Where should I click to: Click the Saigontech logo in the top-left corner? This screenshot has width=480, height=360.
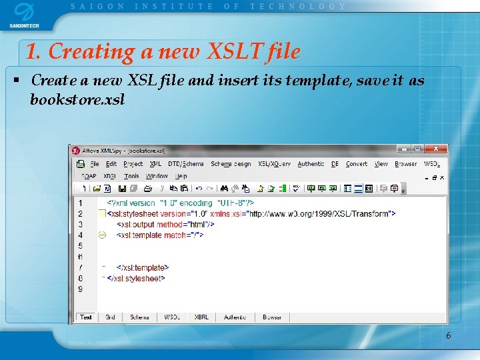[x=23, y=15]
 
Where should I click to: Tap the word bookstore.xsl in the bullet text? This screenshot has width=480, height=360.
[x=77, y=99]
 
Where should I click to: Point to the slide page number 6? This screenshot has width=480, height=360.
[x=448, y=335]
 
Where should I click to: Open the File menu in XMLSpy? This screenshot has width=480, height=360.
[x=94, y=164]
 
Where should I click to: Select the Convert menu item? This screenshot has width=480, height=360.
[x=357, y=164]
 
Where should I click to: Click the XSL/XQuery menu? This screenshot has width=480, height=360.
[x=274, y=164]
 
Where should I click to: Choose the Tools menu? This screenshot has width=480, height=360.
[x=131, y=177]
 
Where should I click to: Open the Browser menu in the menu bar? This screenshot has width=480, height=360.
[x=405, y=164]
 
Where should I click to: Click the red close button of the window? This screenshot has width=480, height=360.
[x=437, y=149]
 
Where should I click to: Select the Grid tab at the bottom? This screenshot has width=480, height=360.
[x=110, y=317]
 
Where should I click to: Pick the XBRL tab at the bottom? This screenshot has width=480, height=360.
[x=201, y=317]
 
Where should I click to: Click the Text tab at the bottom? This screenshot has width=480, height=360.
[x=86, y=317]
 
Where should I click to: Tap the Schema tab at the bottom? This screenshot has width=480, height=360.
[x=139, y=317]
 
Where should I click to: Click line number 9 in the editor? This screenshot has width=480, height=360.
[x=80, y=289]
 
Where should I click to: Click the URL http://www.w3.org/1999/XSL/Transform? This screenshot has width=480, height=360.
[x=321, y=214]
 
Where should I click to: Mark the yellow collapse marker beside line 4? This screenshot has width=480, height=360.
[x=102, y=235]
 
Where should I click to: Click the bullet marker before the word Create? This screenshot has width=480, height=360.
[x=15, y=81]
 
